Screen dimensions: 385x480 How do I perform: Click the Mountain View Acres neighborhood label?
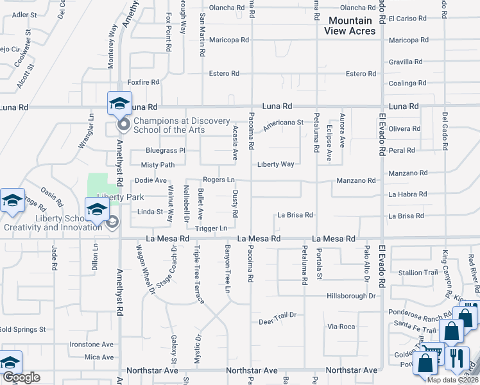tap(350, 26)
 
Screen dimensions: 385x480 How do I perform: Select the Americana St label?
tap(283, 122)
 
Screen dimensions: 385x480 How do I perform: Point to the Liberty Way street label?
tap(276, 164)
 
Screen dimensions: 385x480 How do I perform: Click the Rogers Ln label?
tap(218, 180)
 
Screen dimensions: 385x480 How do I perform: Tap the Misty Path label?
tap(158, 165)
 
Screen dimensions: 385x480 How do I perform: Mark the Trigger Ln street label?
tap(211, 228)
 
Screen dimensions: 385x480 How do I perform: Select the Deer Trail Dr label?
tap(277, 314)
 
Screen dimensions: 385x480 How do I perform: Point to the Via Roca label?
tap(341, 327)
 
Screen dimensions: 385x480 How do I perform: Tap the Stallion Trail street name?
tap(418, 273)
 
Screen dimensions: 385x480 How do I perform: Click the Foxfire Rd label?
tap(143, 82)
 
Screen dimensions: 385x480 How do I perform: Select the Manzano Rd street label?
tap(409, 173)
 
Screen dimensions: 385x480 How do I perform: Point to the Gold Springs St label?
tap(22, 329)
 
